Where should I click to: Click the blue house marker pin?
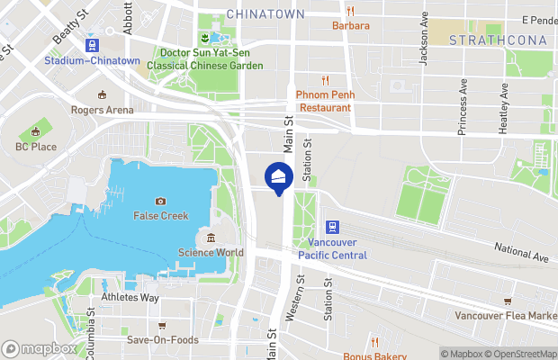pyautogui.click(x=279, y=176)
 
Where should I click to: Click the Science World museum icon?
pyautogui.click(x=211, y=238)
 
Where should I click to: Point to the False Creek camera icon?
pyautogui.click(x=160, y=201)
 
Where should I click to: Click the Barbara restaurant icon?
pyautogui.click(x=350, y=11)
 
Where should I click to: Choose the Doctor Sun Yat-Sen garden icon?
pyautogui.click(x=205, y=38)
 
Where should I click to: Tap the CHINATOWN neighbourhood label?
pyautogui.click(x=265, y=14)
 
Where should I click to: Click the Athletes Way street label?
pyautogui.click(x=130, y=298)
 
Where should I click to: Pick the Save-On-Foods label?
pyautogui.click(x=161, y=340)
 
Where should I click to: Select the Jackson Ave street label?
pyautogui.click(x=423, y=44)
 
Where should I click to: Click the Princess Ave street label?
pyautogui.click(x=463, y=107)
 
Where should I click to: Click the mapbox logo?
pyautogui.click(x=40, y=348)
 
